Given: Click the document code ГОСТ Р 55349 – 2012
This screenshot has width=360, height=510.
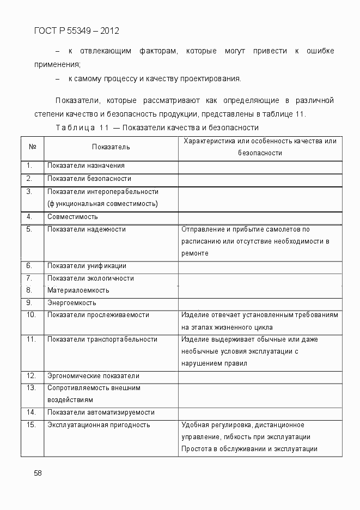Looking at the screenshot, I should pos(76,31).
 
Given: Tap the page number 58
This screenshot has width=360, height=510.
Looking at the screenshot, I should pos(38,473).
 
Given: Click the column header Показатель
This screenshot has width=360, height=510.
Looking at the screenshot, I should pos(111,147).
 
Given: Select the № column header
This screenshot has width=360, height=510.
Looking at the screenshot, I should pos(32,147).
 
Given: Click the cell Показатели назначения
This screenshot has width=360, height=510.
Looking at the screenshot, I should pos(86,166).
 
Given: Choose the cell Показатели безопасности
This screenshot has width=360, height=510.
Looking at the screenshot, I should pos(89,178).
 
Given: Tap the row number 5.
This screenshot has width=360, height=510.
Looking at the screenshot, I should pos(29,229).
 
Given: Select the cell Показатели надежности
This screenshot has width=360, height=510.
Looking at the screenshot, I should pos(87,229).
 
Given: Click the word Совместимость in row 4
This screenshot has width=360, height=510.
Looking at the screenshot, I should pos(72,216).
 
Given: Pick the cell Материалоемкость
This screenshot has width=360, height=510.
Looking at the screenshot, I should pos(78,290).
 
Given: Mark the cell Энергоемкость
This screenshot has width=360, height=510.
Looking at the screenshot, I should pos(72,302).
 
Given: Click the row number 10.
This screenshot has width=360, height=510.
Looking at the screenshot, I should pos(31,315).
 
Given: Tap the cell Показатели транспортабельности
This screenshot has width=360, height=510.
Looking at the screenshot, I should pos(102,339).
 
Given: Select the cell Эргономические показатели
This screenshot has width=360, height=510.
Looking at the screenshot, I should pos(93,376).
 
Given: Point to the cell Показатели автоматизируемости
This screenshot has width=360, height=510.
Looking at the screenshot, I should pos(101,412).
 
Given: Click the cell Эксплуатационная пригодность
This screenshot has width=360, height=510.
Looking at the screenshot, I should pos(99,425).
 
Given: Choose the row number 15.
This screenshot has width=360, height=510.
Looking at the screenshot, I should pos(31,425).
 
